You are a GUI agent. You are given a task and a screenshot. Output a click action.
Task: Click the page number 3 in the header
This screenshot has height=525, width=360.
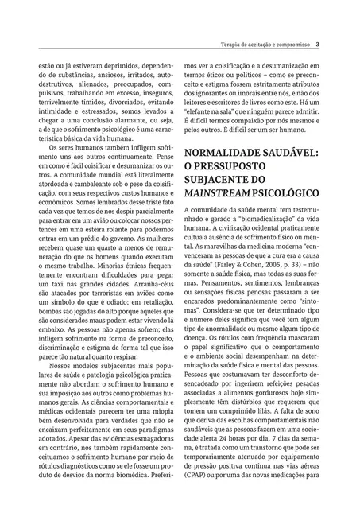[x=318, y=44]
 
